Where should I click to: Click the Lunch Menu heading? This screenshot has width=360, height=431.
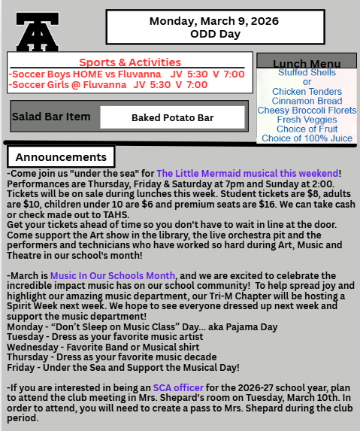point(306,64)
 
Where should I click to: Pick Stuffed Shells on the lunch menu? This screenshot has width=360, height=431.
point(307,73)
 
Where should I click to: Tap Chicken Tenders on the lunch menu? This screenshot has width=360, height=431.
point(307,92)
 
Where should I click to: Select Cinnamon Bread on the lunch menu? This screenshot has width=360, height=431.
point(307,101)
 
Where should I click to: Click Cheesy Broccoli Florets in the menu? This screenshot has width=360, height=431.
point(307,111)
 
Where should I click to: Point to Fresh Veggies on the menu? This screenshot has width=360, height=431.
point(307,120)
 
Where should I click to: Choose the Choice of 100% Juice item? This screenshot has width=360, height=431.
point(307,138)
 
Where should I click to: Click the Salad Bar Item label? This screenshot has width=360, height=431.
point(51,117)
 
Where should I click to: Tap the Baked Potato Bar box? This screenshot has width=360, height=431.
point(172,117)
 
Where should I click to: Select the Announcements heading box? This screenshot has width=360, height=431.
point(61,157)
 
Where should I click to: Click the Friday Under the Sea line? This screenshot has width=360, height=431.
point(123,367)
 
